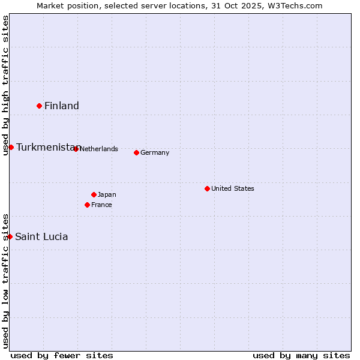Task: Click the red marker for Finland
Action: [x=40, y=106]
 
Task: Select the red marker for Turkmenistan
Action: [x=11, y=147]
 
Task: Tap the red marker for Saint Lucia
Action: [x=10, y=236]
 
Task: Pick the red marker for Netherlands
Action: [x=76, y=149]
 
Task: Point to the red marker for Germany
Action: [x=136, y=152]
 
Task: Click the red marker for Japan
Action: [x=94, y=194]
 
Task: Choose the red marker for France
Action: [x=87, y=205]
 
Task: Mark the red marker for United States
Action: [x=207, y=188]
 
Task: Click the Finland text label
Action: [x=62, y=106]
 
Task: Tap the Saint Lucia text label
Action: [x=41, y=237]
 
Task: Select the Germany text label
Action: [x=155, y=152]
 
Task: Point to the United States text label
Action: [x=233, y=188]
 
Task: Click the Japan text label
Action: [x=107, y=194]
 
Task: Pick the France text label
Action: [x=101, y=205]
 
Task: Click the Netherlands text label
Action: [x=99, y=149]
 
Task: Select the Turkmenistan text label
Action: [x=47, y=148]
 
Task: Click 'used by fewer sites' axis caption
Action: [x=62, y=355]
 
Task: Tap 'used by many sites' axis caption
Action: [x=301, y=355]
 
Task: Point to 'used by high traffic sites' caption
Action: [x=5, y=85]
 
